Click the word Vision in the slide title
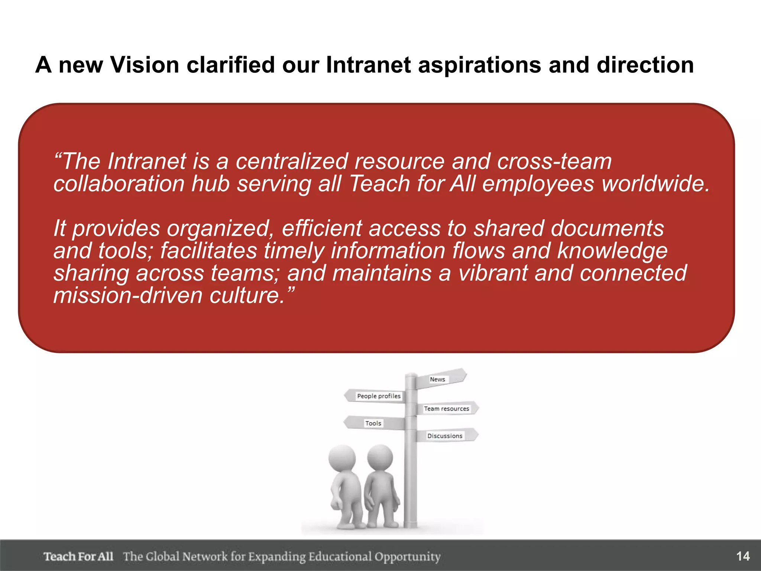point(145,65)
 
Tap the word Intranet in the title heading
point(368,65)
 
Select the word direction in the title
point(645,65)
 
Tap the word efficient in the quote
point(321,228)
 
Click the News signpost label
point(437,379)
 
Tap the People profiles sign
point(379,396)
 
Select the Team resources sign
point(446,409)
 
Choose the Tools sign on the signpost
point(373,423)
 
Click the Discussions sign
point(445,436)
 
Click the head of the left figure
point(342,458)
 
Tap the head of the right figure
point(380,457)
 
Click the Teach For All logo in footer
point(78,557)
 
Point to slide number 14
point(743,556)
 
